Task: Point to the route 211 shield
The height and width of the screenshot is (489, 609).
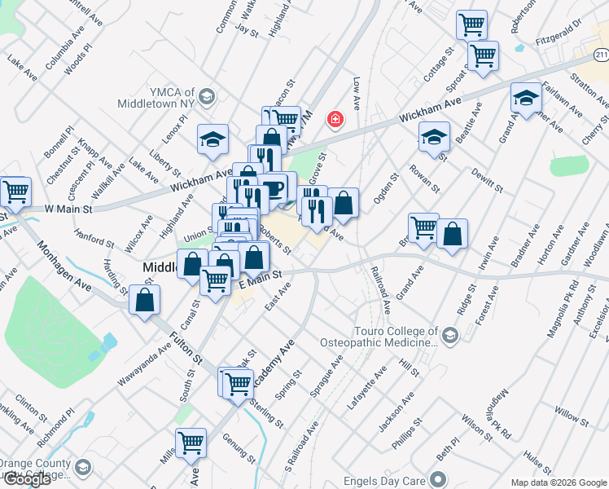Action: (601, 54)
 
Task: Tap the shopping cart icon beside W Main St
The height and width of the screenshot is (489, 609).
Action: (15, 192)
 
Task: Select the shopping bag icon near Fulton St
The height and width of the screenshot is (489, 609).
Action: (144, 300)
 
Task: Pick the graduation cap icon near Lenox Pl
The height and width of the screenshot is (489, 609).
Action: (212, 139)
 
